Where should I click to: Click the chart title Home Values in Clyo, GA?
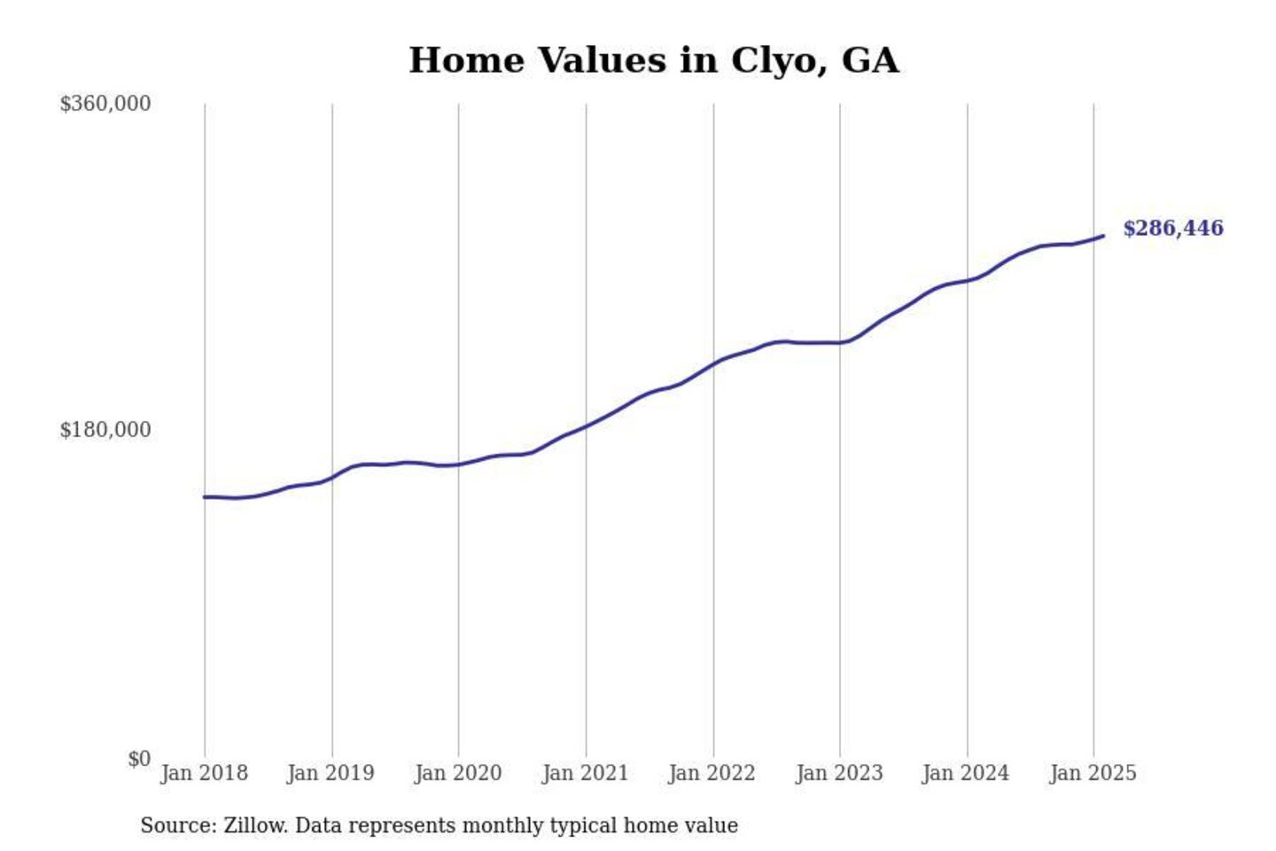click(x=653, y=60)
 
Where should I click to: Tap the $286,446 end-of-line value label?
click(x=1172, y=229)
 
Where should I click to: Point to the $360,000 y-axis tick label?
click(x=105, y=104)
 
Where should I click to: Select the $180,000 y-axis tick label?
click(x=105, y=430)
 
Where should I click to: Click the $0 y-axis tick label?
click(x=138, y=759)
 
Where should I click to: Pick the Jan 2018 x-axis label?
click(x=204, y=773)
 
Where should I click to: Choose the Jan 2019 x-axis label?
click(x=331, y=773)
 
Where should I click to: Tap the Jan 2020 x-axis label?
click(x=457, y=773)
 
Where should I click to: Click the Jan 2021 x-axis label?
click(x=585, y=773)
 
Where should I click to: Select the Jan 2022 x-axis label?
click(x=712, y=773)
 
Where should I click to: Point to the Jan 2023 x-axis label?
click(x=839, y=773)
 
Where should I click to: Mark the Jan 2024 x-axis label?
click(x=966, y=773)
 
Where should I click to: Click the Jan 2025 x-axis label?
click(x=1093, y=773)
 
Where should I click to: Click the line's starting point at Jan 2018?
click(x=205, y=497)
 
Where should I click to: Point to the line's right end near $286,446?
click(x=1102, y=236)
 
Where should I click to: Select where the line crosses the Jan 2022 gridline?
click(x=713, y=364)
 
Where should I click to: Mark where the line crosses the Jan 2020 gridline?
click(x=459, y=465)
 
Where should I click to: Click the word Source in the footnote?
click(x=177, y=825)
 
